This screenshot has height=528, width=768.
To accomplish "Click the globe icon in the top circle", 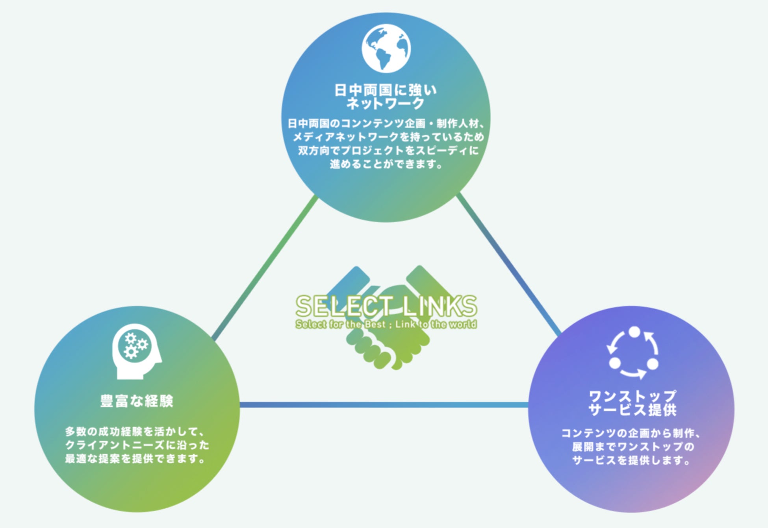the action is pos(386,48).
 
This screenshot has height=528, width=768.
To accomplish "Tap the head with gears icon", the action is pos(136,351).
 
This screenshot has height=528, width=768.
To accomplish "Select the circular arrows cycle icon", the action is pos(633,353).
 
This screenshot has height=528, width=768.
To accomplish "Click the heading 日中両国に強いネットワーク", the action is pos(386,97).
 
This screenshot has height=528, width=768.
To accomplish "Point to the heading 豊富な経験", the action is pos(137,401).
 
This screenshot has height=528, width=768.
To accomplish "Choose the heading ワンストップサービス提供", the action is pos(633,403).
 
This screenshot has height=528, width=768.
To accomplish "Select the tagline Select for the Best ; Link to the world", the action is pos(386,325).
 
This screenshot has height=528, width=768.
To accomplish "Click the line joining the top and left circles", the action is pos(265,268).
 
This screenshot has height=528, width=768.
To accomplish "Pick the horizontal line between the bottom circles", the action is pos(384,405).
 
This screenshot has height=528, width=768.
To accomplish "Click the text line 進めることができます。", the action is pos(386,164).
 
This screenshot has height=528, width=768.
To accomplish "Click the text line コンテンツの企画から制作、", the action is pos(631,433).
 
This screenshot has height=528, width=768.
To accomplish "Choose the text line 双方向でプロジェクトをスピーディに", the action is pos(388,151).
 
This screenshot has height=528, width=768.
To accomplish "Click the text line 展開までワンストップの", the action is pos(633,447).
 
